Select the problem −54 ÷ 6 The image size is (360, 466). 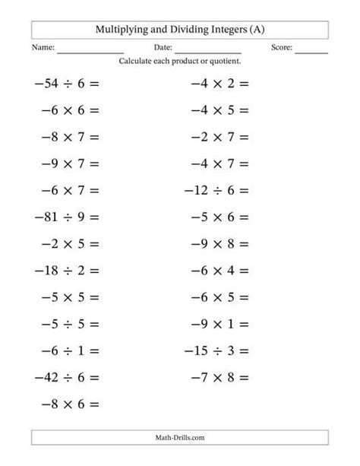point(67,83)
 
